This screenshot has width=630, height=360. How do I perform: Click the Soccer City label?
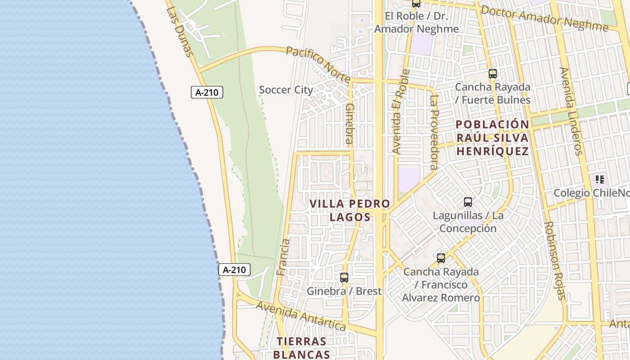point(286,90)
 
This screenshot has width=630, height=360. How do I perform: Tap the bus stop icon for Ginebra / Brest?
point(344,278)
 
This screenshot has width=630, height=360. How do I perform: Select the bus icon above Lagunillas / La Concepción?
point(468,202)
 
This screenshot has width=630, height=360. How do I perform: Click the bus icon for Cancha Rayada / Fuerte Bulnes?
point(493,74)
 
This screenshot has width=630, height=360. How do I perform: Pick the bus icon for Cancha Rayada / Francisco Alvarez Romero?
point(441,258)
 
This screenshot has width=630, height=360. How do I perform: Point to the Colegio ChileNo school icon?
point(599,180)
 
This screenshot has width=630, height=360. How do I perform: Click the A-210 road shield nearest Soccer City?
point(207,93)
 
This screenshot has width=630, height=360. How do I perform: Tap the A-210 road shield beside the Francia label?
point(234,270)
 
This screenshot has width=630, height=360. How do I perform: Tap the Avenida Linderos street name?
point(571,111)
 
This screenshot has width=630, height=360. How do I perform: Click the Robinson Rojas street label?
point(555,261)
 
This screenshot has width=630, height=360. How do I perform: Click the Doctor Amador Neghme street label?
point(544,18)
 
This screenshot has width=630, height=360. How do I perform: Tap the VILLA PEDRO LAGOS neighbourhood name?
point(350,210)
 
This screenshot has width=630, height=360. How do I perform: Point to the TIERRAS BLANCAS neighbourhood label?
point(301,348)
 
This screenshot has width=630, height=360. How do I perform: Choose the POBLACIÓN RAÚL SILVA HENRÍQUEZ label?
point(492,138)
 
